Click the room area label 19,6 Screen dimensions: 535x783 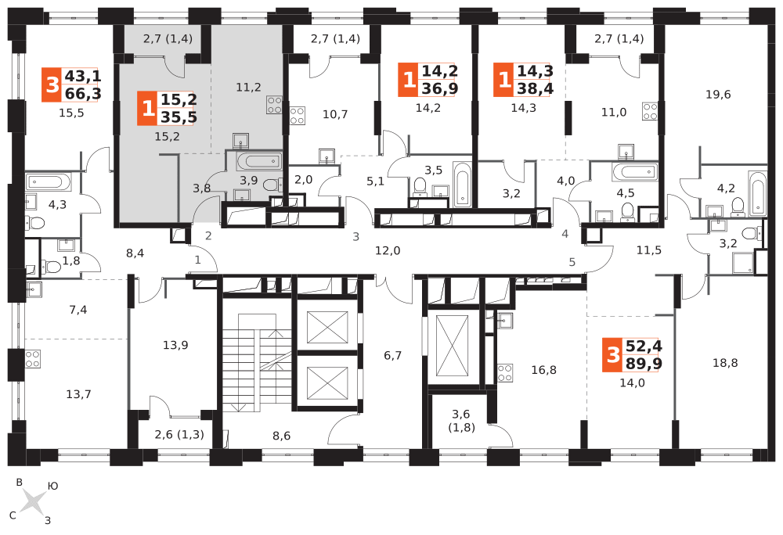pos(717,95)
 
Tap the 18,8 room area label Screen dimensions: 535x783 pos(725,362)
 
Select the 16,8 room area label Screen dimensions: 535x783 pos(543,369)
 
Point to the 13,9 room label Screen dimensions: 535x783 pos(175,345)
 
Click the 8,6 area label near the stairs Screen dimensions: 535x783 pos(282,436)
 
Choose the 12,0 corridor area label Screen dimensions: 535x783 pos(388,250)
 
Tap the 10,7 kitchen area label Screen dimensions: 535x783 pos(335,114)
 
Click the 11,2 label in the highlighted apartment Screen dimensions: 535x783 pos(248,87)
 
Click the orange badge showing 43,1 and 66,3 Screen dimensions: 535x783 pos(70,84)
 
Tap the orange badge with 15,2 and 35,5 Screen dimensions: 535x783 pos(168,108)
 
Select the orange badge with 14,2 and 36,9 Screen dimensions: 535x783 pos(427,79)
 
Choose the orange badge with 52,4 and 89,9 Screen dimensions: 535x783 pos(631,354)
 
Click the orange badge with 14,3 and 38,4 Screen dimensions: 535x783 pos(522,79)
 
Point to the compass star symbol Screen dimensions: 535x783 pos(33,501)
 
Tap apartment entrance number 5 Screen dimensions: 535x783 pos(572,262)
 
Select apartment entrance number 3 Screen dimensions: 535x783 pos(355,236)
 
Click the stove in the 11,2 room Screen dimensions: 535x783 pos(274,104)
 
